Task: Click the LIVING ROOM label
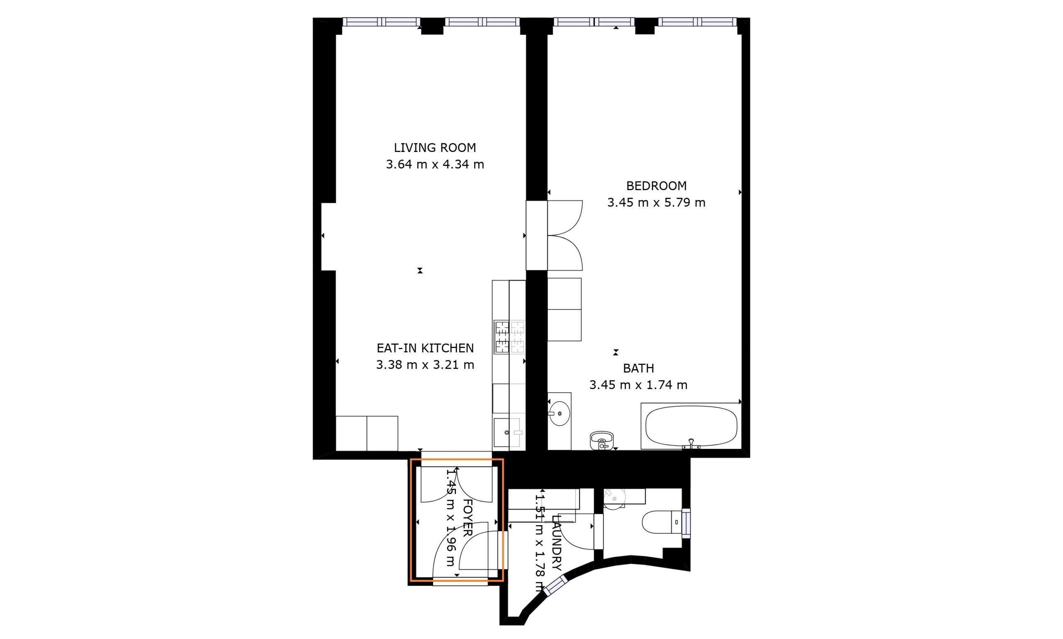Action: [435, 148]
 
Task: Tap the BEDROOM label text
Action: [656, 186]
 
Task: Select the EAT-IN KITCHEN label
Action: [425, 348]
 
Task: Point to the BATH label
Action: [638, 368]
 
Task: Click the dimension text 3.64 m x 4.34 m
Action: [435, 164]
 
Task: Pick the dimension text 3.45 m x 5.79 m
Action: [656, 202]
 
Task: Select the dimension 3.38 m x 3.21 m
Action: [425, 365]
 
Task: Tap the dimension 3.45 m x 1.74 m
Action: [638, 385]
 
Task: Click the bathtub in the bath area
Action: [691, 426]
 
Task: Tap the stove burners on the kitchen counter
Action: [509, 337]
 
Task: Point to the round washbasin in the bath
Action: [560, 414]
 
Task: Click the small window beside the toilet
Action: [686, 523]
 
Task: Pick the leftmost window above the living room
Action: [382, 22]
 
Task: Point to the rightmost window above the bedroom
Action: [698, 22]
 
